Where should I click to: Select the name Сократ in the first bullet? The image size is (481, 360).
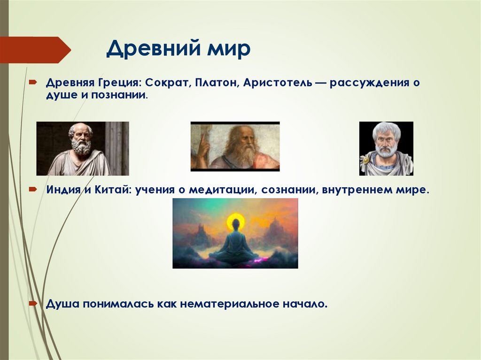point(166,83)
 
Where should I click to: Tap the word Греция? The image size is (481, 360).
point(119,83)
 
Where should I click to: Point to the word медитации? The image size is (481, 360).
point(219,190)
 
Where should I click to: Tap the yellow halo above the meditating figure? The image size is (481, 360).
point(235,221)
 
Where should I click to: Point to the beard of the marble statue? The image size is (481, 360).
point(81,148)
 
